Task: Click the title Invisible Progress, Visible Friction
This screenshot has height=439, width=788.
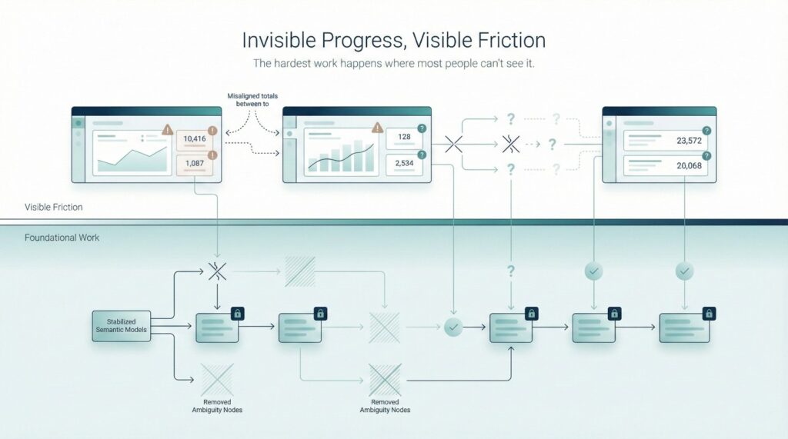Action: [393, 39]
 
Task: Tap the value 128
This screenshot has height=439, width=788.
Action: [404, 137]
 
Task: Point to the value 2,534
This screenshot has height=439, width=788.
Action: [404, 162]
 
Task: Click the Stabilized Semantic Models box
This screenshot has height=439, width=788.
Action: [121, 324]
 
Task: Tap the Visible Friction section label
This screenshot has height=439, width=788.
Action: [54, 207]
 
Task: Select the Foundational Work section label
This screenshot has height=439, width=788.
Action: [62, 238]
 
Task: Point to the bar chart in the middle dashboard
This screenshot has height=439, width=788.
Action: [342, 156]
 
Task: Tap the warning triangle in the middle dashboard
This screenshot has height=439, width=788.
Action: [377, 128]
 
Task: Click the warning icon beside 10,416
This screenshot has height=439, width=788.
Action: [212, 131]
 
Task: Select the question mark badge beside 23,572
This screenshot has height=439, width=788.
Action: [706, 131]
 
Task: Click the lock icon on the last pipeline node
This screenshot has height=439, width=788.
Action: [709, 313]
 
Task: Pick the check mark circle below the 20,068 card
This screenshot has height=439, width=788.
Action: [684, 271]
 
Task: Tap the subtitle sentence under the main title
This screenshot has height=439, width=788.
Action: [393, 64]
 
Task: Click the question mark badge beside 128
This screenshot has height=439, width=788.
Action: [421, 129]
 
